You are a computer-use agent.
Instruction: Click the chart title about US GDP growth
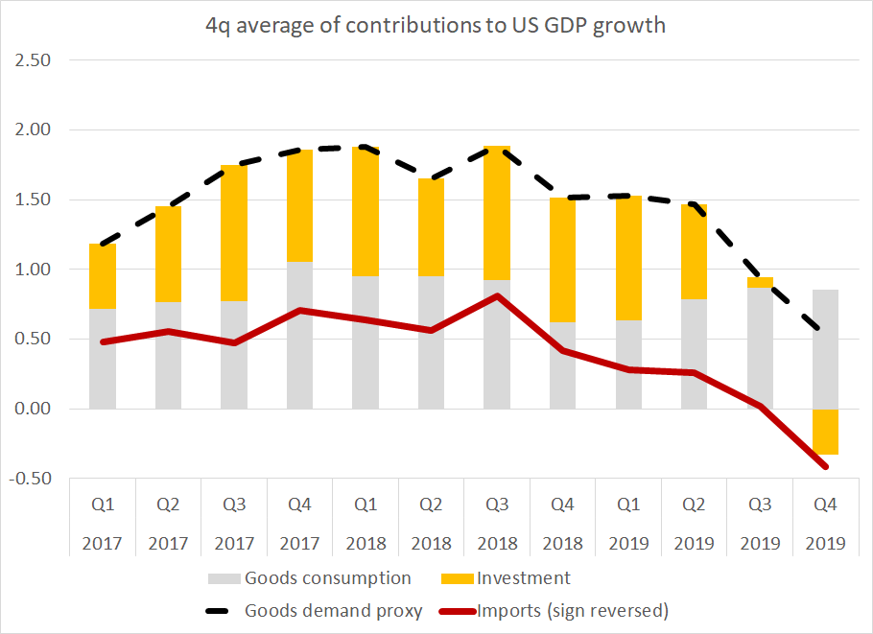tap(436, 26)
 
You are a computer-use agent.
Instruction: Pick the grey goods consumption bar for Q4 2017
tap(300, 335)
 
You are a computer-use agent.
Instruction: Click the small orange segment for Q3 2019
tap(759, 282)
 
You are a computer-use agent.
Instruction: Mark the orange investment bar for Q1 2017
tap(103, 276)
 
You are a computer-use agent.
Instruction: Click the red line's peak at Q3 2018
tap(496, 295)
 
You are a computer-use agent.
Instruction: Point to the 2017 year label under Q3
tap(234, 544)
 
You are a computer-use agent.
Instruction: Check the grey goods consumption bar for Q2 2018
tap(431, 342)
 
